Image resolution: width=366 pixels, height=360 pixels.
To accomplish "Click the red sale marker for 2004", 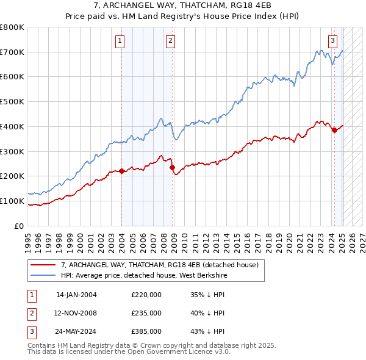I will (121, 171).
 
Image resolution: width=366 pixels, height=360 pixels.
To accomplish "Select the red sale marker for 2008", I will (172, 167).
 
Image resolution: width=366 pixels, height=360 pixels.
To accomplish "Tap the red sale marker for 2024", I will (334, 130).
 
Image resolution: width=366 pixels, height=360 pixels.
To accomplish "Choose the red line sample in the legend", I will (43, 265).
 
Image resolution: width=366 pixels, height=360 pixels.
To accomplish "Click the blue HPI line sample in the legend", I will (43, 275).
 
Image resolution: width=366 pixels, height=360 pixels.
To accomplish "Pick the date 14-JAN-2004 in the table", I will (76, 294).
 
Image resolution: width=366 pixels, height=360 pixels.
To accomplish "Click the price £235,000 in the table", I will (146, 312).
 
